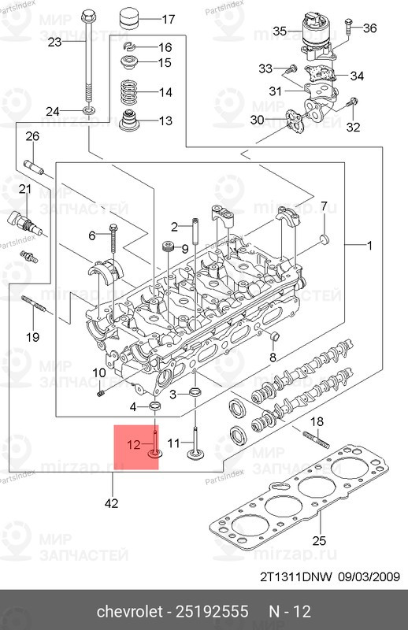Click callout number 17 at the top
(x=169, y=19)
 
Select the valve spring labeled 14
(x=129, y=91)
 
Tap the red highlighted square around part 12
(x=137, y=447)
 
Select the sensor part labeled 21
(x=19, y=220)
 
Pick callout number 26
(x=32, y=137)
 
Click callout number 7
(x=322, y=206)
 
